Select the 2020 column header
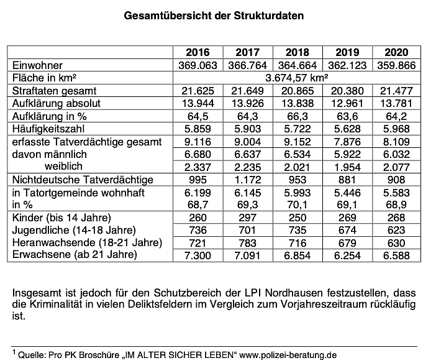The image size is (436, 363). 396,52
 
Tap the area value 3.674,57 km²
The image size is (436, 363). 296,78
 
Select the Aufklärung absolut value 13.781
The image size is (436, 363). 396,103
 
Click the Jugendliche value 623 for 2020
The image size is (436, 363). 396,229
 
